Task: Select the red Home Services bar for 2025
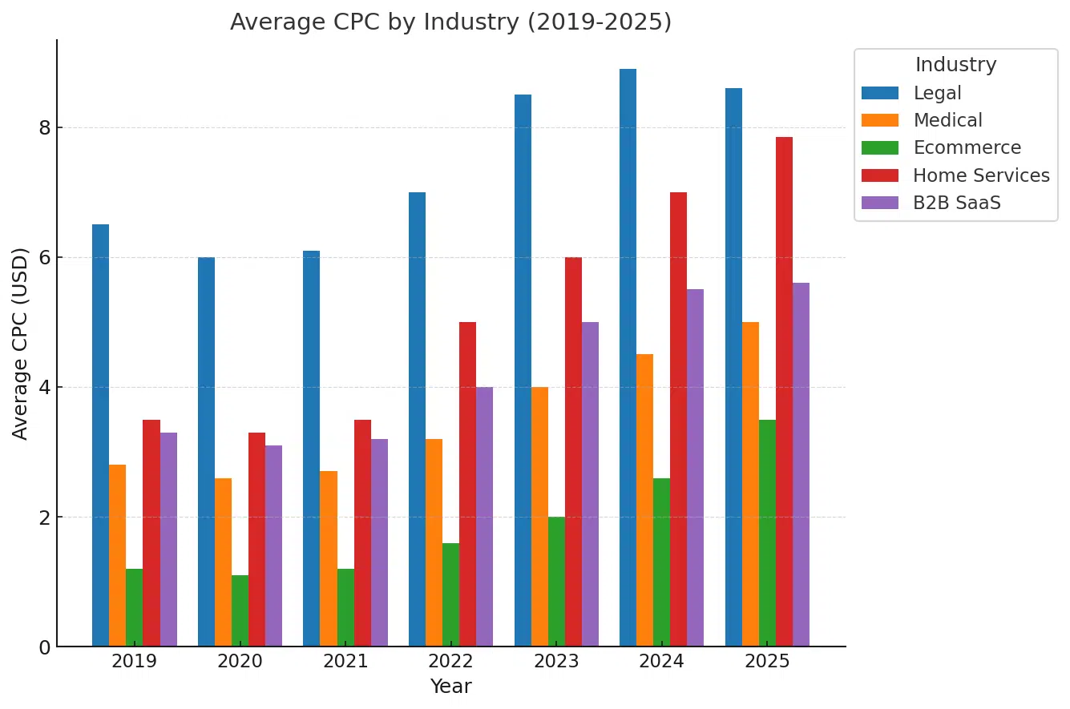(784, 392)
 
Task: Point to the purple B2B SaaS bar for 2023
(590, 484)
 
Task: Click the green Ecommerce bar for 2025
(767, 533)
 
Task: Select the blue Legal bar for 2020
(206, 452)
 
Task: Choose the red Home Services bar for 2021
(362, 533)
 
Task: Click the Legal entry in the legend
(937, 93)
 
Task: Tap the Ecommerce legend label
(967, 148)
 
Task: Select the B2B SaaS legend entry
(956, 203)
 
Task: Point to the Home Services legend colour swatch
(879, 175)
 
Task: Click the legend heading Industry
(955, 65)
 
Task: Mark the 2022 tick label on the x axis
(450, 662)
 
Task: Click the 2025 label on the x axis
(767, 662)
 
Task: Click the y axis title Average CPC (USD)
(21, 343)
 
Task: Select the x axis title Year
(450, 687)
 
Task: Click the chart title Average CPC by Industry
(450, 22)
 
